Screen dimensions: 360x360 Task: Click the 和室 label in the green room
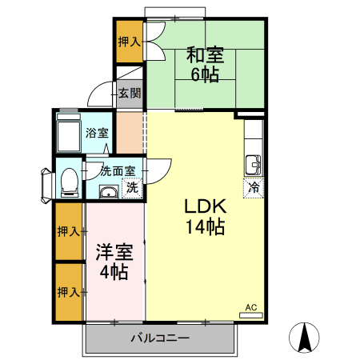pyautogui.click(x=206, y=56)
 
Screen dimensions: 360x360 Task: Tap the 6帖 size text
pyautogui.click(x=205, y=75)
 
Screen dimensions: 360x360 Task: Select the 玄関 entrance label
pyautogui.click(x=130, y=93)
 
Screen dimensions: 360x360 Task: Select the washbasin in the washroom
pyautogui.click(x=107, y=190)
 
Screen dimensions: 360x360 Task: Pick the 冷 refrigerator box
pyautogui.click(x=254, y=189)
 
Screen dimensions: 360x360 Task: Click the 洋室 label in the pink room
pyautogui.click(x=114, y=250)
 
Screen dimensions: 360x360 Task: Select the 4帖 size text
pyautogui.click(x=114, y=271)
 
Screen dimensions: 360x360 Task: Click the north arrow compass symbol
pyautogui.click(x=304, y=337)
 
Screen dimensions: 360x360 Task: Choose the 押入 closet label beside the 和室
pyautogui.click(x=129, y=42)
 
